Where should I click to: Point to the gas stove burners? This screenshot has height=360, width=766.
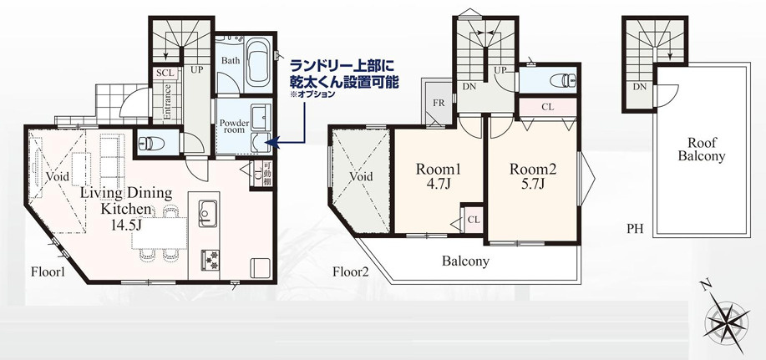pyautogui.click(x=208, y=260)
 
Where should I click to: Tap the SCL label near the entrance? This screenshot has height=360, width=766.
pyautogui.click(x=165, y=73)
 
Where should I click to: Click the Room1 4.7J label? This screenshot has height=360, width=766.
pyautogui.click(x=439, y=176)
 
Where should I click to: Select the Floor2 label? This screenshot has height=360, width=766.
pyautogui.click(x=351, y=271)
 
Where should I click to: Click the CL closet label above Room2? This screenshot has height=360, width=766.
pyautogui.click(x=547, y=107)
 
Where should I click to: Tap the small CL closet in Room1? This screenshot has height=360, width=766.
pyautogui.click(x=473, y=219)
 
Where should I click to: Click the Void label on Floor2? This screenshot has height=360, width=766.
pyautogui.click(x=362, y=177)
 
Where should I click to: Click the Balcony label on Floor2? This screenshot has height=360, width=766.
pyautogui.click(x=465, y=261)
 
